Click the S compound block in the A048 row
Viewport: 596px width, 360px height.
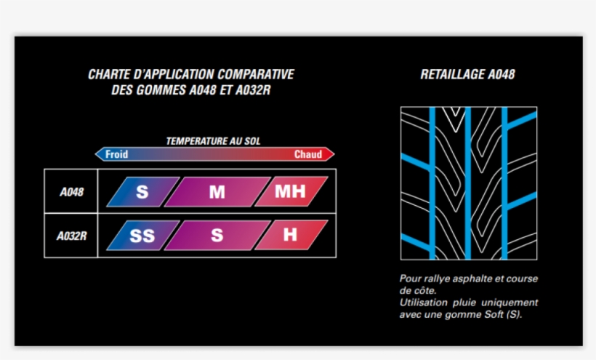(143, 191)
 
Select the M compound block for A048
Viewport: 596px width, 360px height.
(217, 191)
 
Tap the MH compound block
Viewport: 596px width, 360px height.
(291, 191)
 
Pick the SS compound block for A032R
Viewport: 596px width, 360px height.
(143, 236)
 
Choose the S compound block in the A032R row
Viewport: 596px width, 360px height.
(217, 236)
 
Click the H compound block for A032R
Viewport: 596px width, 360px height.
(291, 236)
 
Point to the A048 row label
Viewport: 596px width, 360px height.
(71, 192)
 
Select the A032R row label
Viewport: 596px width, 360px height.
(71, 236)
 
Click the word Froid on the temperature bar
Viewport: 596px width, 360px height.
(116, 154)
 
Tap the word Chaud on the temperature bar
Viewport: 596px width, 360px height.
(308, 154)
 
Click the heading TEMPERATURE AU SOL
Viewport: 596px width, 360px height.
(213, 141)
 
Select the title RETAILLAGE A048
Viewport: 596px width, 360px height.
(467, 74)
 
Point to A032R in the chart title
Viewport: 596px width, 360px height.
(253, 90)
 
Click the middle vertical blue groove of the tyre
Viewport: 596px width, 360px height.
(468, 183)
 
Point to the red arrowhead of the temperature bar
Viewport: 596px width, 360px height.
(330, 154)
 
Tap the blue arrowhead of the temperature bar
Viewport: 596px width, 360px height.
(99, 154)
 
